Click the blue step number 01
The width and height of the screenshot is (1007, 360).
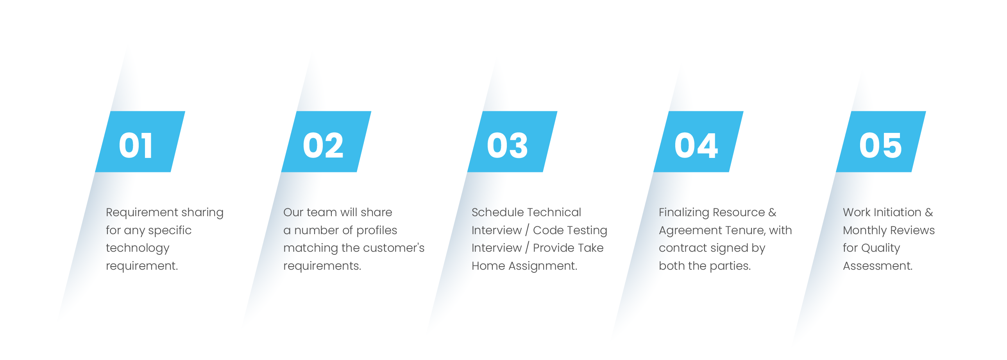pos(135,145)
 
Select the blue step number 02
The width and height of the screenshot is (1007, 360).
pos(323,145)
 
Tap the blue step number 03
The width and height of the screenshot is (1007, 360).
pos(508,145)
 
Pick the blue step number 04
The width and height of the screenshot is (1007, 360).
pos(696,145)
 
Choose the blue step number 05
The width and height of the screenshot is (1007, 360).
pos(880,145)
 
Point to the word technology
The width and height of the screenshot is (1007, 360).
pos(138,248)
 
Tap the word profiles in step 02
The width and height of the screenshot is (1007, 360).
pos(376,230)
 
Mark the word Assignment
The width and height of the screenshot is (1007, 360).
pos(543,266)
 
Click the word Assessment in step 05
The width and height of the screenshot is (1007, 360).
pos(878,266)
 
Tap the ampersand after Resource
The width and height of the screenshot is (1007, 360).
pos(772,212)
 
